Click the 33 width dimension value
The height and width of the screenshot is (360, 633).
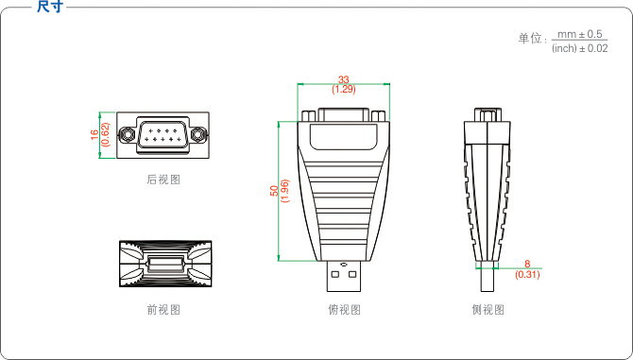(x=344, y=80)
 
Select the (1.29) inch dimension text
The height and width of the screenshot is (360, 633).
(x=344, y=90)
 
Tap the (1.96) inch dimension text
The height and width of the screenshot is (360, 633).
(x=284, y=191)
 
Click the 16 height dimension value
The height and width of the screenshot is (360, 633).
(x=94, y=135)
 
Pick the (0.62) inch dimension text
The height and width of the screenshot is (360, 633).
(x=105, y=135)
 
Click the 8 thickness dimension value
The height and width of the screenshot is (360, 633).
(x=527, y=266)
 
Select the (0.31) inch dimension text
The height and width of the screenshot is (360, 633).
(x=527, y=275)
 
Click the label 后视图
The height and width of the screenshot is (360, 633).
(x=163, y=180)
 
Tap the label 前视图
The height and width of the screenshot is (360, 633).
(x=163, y=310)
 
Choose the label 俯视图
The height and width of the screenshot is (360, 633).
(x=344, y=310)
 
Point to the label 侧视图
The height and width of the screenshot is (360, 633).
(x=488, y=310)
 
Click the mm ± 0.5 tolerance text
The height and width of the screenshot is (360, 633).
(x=579, y=33)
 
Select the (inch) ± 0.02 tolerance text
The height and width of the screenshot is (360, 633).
(x=579, y=47)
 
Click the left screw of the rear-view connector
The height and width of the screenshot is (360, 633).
(x=128, y=135)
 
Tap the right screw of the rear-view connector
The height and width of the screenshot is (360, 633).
(x=197, y=135)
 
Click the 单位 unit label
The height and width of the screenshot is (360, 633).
(x=532, y=40)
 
